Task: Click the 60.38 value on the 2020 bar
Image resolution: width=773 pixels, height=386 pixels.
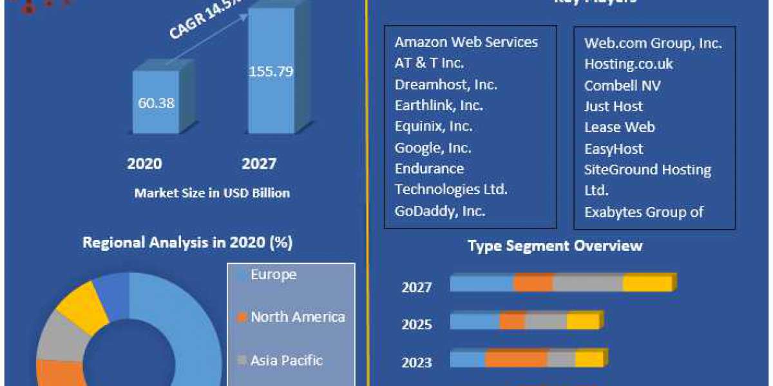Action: click(x=156, y=103)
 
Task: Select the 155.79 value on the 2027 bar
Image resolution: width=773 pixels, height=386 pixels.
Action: click(x=271, y=71)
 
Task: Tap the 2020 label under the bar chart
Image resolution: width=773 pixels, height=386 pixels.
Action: click(x=144, y=164)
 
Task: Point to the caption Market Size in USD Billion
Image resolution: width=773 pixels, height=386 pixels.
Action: click(x=212, y=192)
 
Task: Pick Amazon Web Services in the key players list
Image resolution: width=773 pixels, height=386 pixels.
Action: click(x=466, y=42)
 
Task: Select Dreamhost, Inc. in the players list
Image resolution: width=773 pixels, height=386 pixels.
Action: click(x=446, y=84)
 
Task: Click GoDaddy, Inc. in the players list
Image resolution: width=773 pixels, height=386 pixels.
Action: click(x=440, y=210)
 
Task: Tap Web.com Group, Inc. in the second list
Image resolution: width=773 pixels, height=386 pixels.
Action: click(x=653, y=43)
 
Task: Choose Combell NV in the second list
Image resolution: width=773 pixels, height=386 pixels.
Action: click(x=622, y=86)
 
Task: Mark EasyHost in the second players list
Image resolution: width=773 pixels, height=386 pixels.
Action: click(x=614, y=149)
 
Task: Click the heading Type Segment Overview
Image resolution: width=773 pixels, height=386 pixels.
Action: click(x=555, y=246)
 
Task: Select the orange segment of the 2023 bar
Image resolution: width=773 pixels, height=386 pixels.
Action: click(x=515, y=359)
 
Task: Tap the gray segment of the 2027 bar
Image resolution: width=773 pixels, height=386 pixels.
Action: click(x=587, y=282)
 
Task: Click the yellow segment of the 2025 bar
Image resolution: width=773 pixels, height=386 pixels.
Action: click(x=583, y=321)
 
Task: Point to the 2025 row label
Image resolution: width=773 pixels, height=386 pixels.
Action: click(x=417, y=325)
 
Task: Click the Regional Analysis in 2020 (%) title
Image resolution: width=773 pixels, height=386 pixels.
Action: click(x=187, y=243)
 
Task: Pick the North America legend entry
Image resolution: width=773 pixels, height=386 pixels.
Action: click(x=298, y=317)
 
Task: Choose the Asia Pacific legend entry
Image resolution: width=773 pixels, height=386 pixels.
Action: click(x=287, y=360)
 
